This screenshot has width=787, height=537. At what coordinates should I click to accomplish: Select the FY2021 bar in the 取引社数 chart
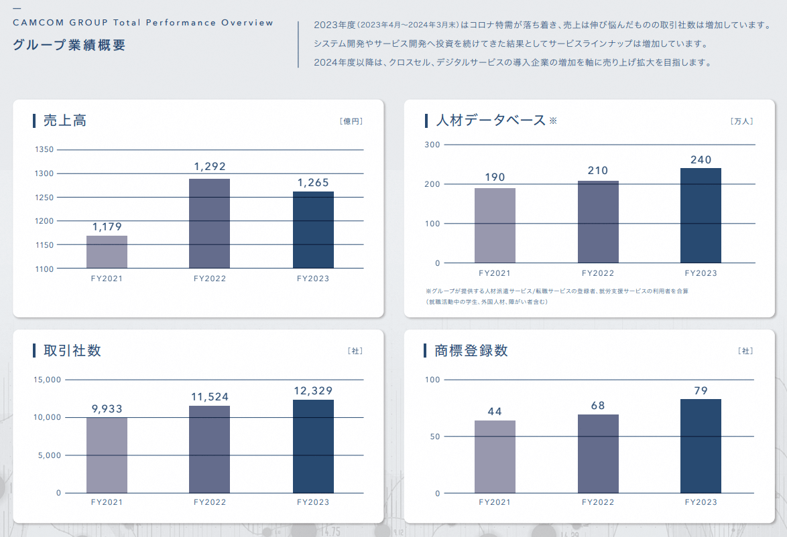click(x=107, y=455)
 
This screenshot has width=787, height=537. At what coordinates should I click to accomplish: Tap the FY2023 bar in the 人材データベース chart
click(x=701, y=215)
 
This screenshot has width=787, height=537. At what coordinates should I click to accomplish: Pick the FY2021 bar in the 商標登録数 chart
click(x=495, y=457)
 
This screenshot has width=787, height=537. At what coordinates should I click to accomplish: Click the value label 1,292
click(x=210, y=167)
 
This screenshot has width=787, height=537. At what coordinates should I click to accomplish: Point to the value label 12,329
click(x=313, y=390)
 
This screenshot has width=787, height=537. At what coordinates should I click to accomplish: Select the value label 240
click(x=701, y=160)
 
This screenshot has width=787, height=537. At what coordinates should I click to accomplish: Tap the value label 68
click(x=597, y=406)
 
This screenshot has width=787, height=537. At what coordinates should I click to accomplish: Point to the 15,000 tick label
click(x=47, y=380)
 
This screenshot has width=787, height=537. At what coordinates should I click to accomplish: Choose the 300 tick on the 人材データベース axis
click(x=432, y=145)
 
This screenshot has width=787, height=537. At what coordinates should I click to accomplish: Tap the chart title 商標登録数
click(x=471, y=350)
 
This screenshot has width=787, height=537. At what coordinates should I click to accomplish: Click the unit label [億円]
click(x=351, y=121)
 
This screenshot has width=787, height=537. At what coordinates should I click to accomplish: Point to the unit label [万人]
click(x=742, y=121)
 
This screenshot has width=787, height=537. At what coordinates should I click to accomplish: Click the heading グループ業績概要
click(x=68, y=46)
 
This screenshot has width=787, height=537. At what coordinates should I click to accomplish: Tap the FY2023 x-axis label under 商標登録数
click(x=701, y=502)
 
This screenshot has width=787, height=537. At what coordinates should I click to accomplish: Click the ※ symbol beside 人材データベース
click(x=553, y=121)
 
